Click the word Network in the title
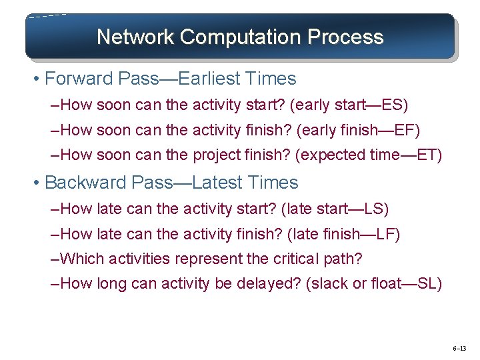click(x=135, y=37)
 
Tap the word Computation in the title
click(x=240, y=37)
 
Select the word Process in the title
click(x=345, y=37)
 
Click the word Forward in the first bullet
click(x=79, y=79)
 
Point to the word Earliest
click(x=209, y=79)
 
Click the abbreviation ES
click(x=393, y=105)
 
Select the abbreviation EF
click(x=405, y=130)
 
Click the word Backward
click(x=85, y=183)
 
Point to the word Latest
click(x=218, y=183)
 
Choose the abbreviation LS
click(x=374, y=209)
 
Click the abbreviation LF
click(x=386, y=234)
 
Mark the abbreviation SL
click(x=427, y=283)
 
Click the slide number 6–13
click(x=459, y=349)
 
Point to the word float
click(x=386, y=283)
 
